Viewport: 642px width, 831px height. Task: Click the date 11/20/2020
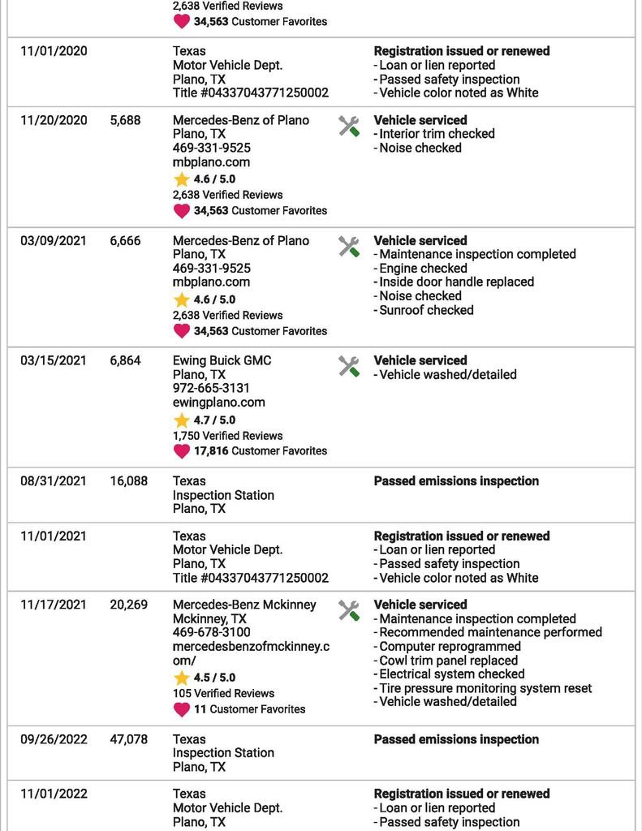(54, 120)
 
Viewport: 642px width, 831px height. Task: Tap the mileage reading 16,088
(129, 481)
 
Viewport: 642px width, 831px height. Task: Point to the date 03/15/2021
(54, 360)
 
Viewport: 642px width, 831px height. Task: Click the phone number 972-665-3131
(211, 389)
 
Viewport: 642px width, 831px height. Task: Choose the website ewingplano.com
(219, 403)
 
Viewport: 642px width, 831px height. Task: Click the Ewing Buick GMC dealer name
(222, 360)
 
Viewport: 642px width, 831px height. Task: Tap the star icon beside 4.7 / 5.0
(182, 420)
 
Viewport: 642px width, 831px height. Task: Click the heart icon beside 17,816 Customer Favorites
(182, 451)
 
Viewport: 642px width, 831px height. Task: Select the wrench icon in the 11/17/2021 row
(349, 610)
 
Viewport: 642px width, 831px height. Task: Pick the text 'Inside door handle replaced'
(457, 282)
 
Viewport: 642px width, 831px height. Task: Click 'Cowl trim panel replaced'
(449, 661)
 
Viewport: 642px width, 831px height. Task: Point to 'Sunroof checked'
(426, 310)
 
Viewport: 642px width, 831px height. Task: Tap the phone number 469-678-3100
(211, 632)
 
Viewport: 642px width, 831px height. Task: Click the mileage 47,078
(129, 739)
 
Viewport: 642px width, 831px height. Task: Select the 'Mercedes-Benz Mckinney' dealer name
(244, 605)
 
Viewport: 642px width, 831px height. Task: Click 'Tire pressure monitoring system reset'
(485, 688)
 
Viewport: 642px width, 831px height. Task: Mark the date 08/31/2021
(54, 481)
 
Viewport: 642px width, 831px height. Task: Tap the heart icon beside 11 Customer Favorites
(182, 709)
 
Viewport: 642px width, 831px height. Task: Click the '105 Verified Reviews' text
(223, 694)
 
